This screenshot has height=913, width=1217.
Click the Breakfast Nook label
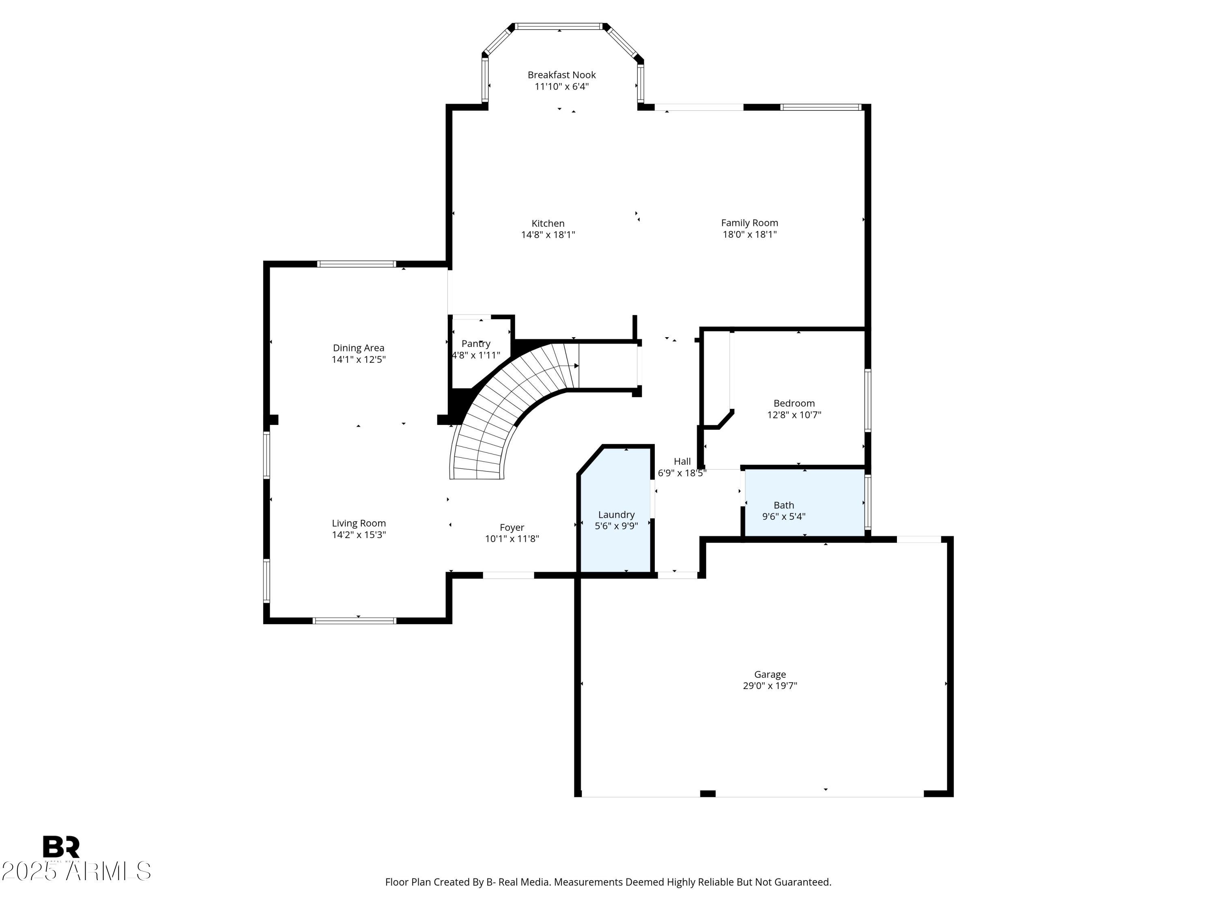click(x=561, y=75)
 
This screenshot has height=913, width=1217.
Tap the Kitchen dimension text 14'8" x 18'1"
click(x=548, y=235)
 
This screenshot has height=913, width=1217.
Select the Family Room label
click(x=749, y=223)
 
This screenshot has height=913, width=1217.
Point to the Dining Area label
click(x=358, y=348)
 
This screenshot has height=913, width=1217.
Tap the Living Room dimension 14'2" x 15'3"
click(x=359, y=534)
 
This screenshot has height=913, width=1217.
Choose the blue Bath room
click(x=805, y=502)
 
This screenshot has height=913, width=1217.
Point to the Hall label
click(x=682, y=462)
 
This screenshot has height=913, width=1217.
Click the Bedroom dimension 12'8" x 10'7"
click(x=794, y=415)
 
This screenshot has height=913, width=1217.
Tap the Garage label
click(x=770, y=674)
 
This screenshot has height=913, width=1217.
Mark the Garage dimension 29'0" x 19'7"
click(x=770, y=686)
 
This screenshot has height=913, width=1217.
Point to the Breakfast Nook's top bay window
click(x=559, y=26)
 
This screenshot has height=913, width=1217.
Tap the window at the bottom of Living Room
click(x=354, y=621)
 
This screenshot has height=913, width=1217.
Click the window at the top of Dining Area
click(x=357, y=264)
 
